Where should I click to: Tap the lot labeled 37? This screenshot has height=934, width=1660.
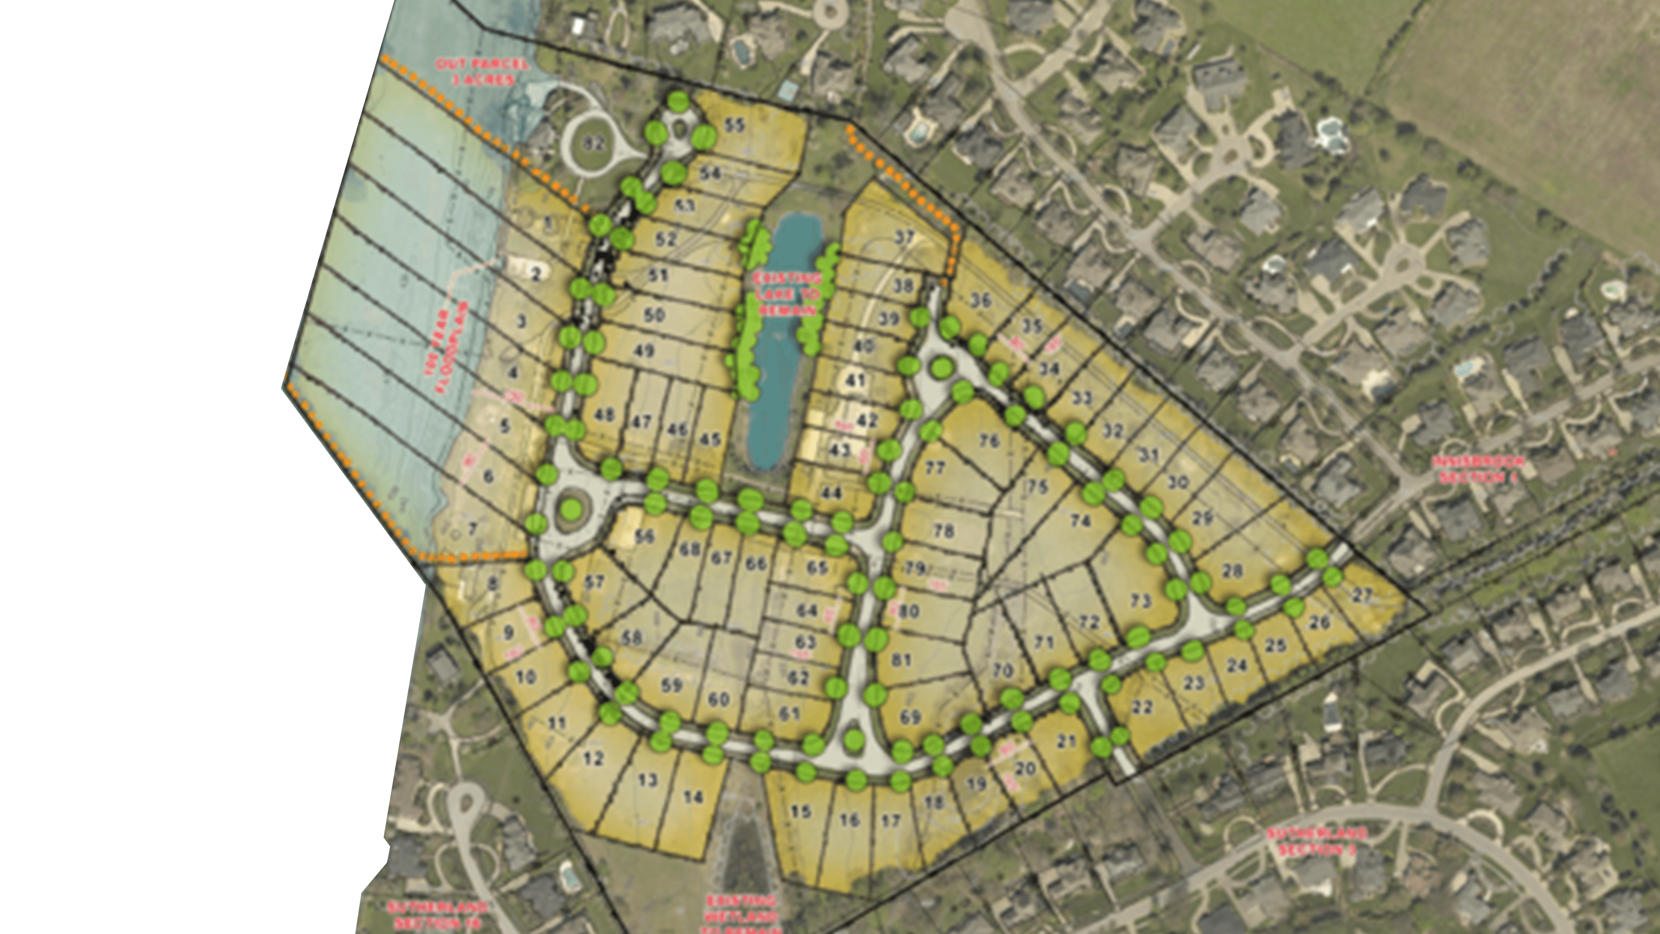click(905, 237)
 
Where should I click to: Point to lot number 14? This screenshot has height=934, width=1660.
click(693, 797)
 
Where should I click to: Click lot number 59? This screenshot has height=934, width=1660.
click(671, 685)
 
